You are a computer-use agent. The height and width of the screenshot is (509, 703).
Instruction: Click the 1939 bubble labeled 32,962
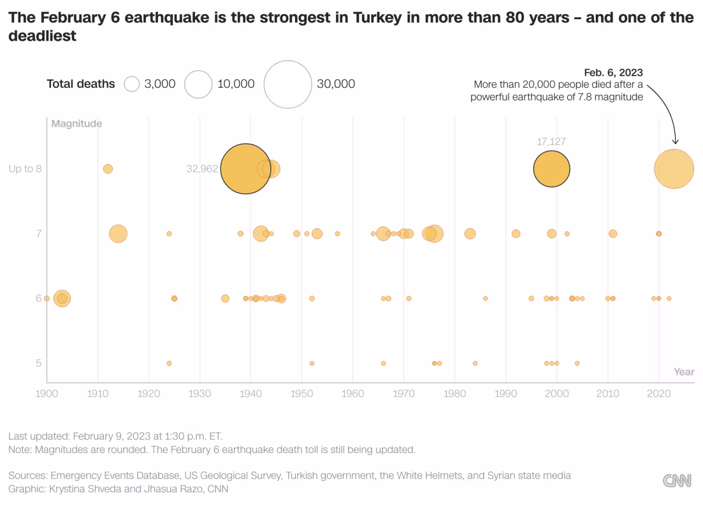pyautogui.click(x=246, y=169)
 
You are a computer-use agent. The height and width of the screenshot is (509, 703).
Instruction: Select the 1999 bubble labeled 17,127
pyautogui.click(x=551, y=169)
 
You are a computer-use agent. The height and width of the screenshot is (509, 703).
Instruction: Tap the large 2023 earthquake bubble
pyautogui.click(x=674, y=169)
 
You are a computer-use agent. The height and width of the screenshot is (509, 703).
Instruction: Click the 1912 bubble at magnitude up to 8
pyautogui.click(x=108, y=169)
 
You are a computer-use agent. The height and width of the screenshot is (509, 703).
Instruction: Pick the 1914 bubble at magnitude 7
pyautogui.click(x=118, y=234)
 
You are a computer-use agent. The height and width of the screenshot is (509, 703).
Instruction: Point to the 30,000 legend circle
pyautogui.click(x=288, y=84)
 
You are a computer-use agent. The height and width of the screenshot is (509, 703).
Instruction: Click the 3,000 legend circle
pyautogui.click(x=132, y=84)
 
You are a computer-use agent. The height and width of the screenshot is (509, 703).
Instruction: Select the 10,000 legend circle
pyautogui.click(x=198, y=84)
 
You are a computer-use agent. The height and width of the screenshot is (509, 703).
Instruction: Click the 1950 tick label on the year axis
pyautogui.click(x=302, y=393)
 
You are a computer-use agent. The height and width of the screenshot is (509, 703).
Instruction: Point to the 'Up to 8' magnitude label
pyautogui.click(x=25, y=169)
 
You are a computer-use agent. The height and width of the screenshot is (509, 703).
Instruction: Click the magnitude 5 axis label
pyautogui.click(x=38, y=363)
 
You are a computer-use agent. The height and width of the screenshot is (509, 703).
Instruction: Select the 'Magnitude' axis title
pyautogui.click(x=76, y=124)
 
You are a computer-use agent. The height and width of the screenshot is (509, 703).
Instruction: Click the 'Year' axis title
pyautogui.click(x=684, y=372)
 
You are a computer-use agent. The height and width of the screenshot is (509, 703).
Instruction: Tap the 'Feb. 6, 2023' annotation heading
pyautogui.click(x=613, y=72)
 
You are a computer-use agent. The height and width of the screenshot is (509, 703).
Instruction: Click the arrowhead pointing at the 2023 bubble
pyautogui.click(x=675, y=142)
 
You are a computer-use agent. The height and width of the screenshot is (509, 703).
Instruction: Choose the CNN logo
pyautogui.click(x=677, y=481)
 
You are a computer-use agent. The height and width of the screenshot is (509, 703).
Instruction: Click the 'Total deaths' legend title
pyautogui.click(x=81, y=84)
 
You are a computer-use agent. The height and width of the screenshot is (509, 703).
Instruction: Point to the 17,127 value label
pyautogui.click(x=551, y=142)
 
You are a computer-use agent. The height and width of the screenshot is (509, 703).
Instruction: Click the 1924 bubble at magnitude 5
pyautogui.click(x=169, y=363)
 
